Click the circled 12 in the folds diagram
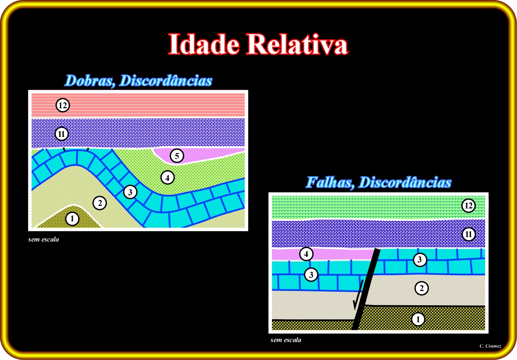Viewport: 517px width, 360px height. (x=63, y=105)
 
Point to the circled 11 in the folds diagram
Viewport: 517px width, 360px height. (x=62, y=134)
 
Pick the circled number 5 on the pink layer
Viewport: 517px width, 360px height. (x=177, y=156)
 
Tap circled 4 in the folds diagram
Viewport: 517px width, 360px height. (x=167, y=178)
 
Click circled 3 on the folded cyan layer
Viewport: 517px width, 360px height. (x=130, y=192)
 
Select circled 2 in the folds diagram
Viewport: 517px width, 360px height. (x=100, y=203)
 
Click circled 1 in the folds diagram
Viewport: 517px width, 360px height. (x=72, y=218)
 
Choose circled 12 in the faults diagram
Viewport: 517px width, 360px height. (x=469, y=206)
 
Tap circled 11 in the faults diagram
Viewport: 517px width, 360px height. (x=469, y=234)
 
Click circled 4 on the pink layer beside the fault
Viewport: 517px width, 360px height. (x=306, y=254)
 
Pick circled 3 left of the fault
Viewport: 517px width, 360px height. (x=311, y=274)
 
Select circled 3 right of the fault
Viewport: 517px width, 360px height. (x=420, y=259)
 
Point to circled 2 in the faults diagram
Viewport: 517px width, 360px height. (x=422, y=288)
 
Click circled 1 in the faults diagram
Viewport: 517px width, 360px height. (x=418, y=319)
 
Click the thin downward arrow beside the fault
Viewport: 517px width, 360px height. (x=358, y=295)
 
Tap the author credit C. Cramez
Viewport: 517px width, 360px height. (x=490, y=346)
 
